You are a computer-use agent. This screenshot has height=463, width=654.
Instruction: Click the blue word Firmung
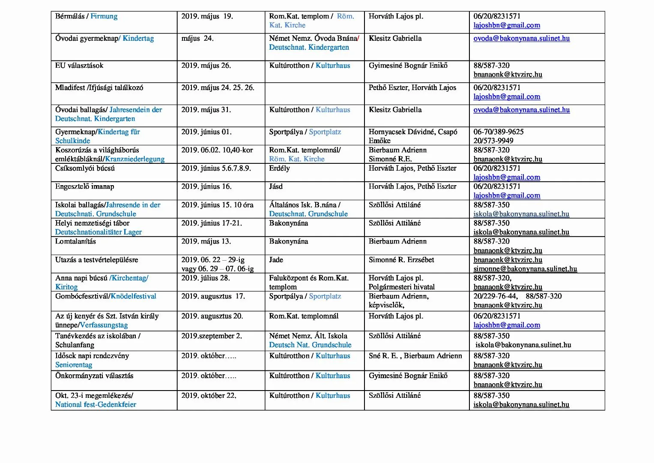[x=104, y=16]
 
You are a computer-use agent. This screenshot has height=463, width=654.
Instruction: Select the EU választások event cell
[x=79, y=66]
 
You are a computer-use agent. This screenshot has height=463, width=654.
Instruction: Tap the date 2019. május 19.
[x=207, y=16]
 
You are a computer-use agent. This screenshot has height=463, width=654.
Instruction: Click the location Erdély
[x=279, y=168]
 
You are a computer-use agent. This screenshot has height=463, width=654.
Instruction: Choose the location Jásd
[x=276, y=186]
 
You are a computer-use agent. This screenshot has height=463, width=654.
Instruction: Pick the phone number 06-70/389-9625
[x=499, y=132]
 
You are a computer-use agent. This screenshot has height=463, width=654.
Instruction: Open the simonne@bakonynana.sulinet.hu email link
[x=525, y=269]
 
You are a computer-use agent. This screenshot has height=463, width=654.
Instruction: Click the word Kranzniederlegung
[x=135, y=159]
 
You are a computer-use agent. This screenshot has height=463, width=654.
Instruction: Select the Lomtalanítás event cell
[x=75, y=241]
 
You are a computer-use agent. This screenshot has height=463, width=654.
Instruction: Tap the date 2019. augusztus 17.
[x=213, y=296]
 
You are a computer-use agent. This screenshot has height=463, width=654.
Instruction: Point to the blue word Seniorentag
[x=74, y=365]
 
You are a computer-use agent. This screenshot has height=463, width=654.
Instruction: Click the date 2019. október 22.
[x=209, y=396]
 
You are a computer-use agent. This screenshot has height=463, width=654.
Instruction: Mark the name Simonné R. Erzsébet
[x=401, y=260]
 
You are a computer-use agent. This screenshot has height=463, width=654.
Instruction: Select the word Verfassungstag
[x=104, y=325]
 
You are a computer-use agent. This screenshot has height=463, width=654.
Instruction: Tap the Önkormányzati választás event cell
[x=94, y=376]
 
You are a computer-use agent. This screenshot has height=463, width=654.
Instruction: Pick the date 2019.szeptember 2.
[x=212, y=336]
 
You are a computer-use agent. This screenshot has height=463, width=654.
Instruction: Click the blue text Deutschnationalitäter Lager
[x=99, y=232]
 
